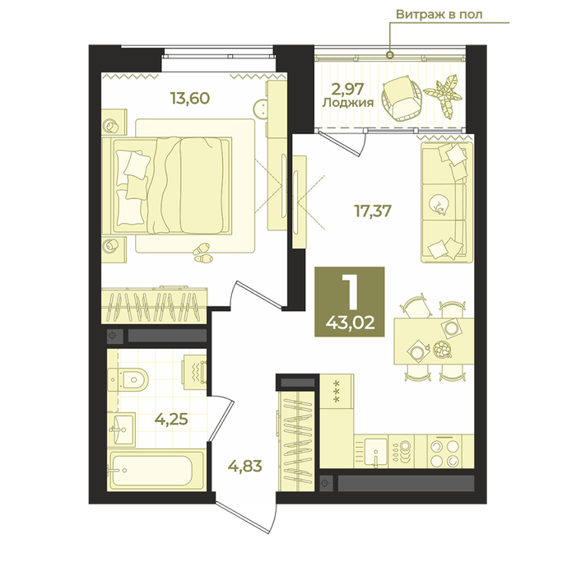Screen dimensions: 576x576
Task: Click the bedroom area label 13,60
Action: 190,99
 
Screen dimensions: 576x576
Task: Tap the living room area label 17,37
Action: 373,211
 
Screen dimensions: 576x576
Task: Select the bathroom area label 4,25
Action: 171,419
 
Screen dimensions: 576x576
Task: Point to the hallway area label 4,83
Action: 245,467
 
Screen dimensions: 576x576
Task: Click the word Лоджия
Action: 348,103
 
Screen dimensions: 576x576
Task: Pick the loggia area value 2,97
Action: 347,89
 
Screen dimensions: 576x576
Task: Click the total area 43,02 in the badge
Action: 350,323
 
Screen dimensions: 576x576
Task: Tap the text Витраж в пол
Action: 439,14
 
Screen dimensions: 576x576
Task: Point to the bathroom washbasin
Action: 121,429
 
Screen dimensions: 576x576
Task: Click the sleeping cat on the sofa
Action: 439,204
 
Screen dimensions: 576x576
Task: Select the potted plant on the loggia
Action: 444,96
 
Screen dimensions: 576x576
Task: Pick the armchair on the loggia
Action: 402,98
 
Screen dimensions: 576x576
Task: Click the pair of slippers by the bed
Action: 202,253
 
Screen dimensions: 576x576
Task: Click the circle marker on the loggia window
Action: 390,55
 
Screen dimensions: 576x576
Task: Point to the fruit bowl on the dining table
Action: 442,349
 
